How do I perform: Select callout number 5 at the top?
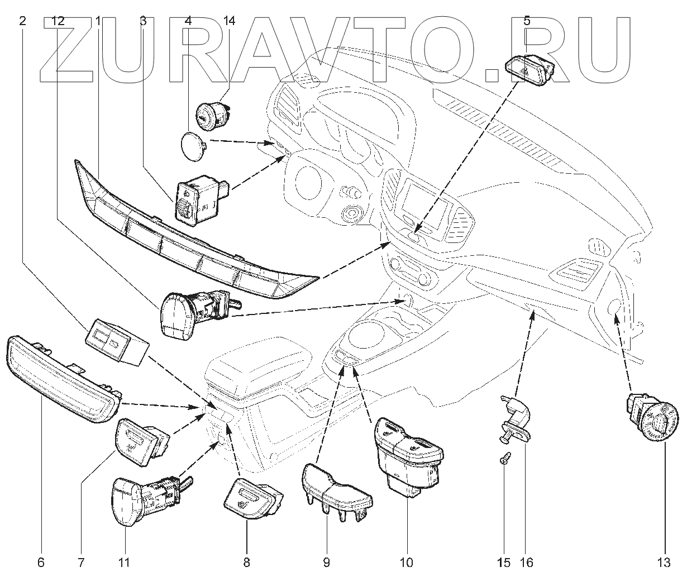(527, 21)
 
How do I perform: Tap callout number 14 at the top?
(229, 21)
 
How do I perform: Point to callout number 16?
(526, 562)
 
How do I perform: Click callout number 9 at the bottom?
(326, 562)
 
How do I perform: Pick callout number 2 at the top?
(22, 21)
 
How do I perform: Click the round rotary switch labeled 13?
(656, 419)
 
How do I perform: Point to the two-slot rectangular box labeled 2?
(115, 341)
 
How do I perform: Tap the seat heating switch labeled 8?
(251, 498)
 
